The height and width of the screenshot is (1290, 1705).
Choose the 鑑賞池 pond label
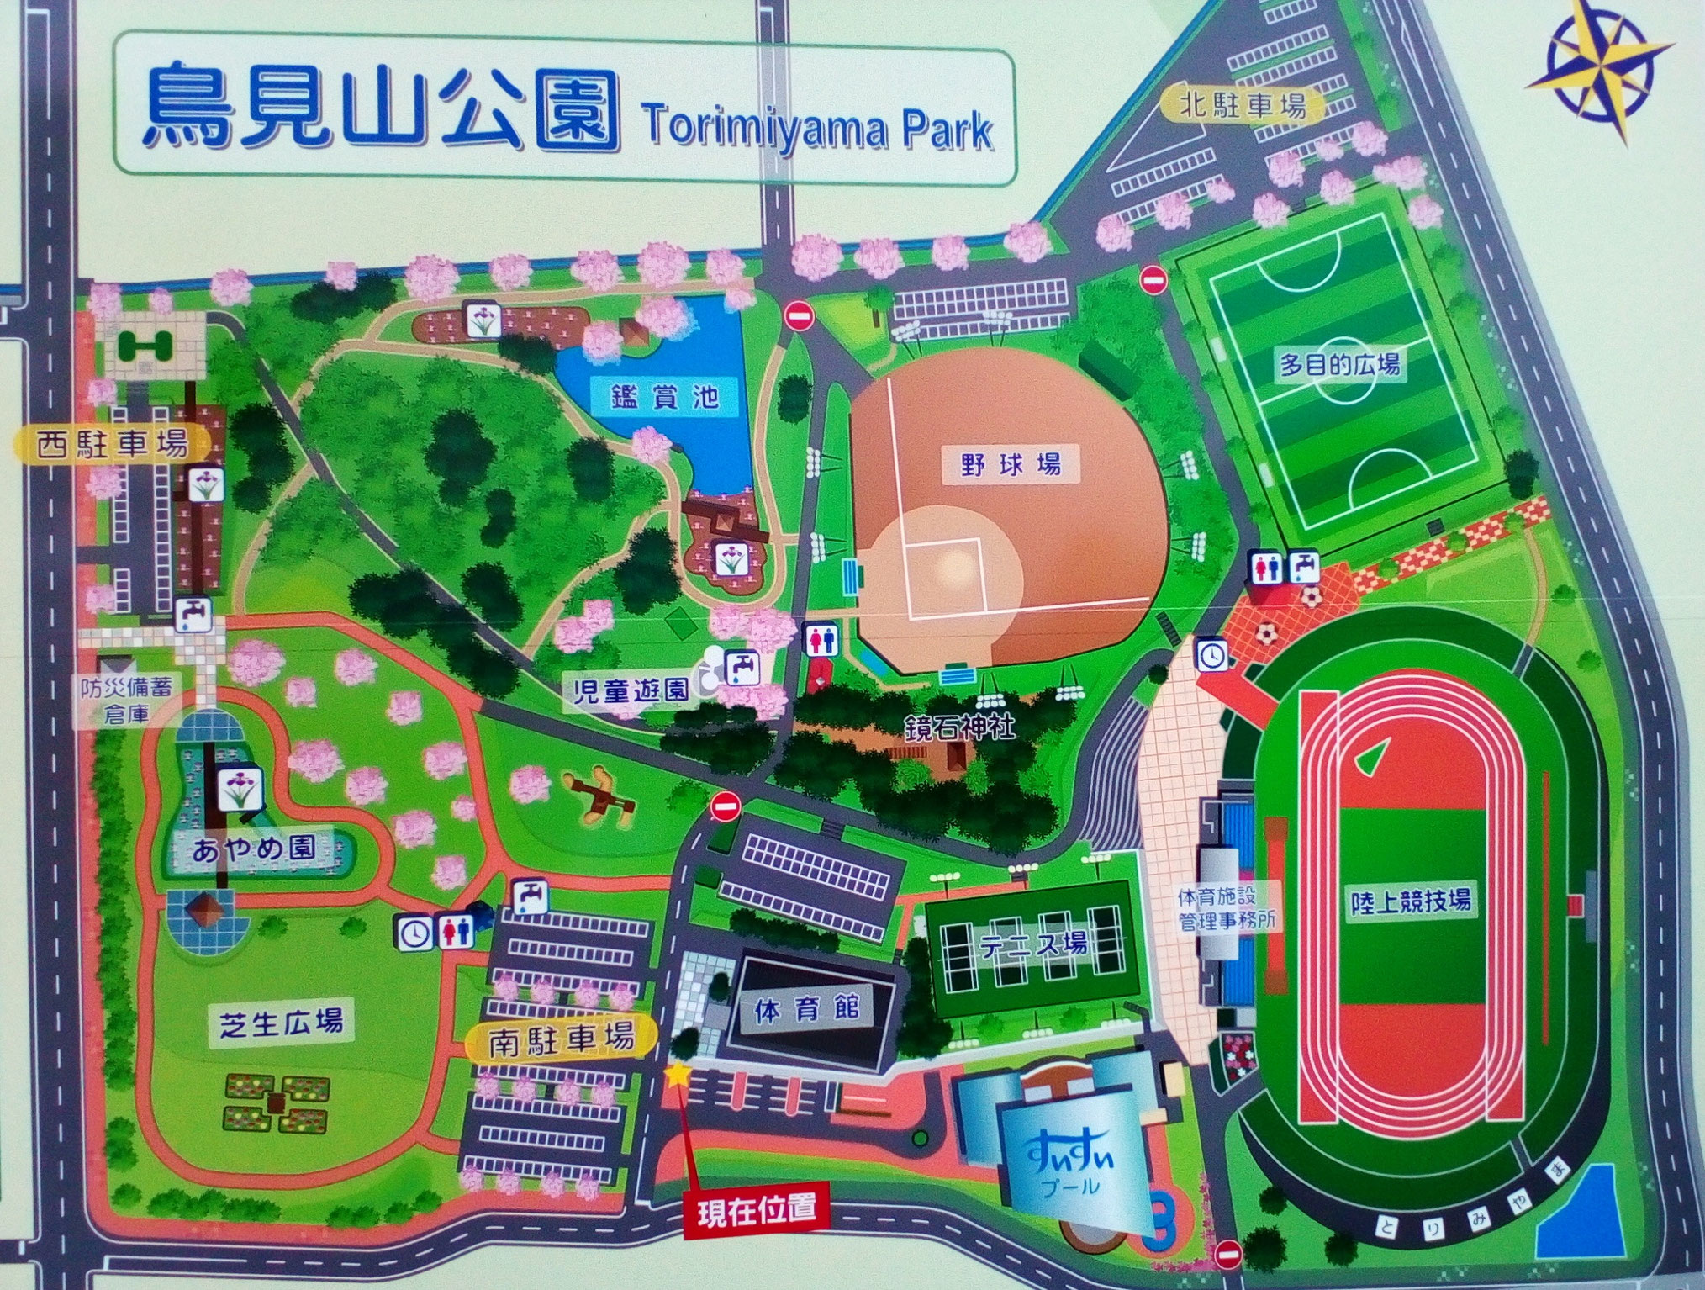coord(665,394)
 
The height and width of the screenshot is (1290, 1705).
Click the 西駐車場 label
coord(113,443)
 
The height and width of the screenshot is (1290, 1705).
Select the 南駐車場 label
coord(561,1039)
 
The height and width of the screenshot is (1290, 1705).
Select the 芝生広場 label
coord(282,1023)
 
